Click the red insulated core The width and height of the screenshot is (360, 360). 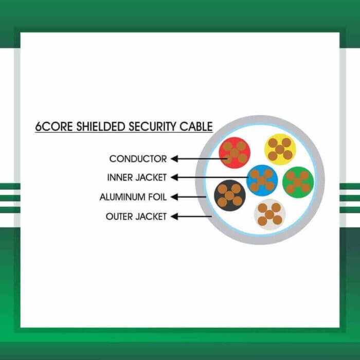(x=235, y=153)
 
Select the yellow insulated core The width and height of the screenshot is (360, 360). (x=280, y=149)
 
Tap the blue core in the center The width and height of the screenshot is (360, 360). (x=262, y=181)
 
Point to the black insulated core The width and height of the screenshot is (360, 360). (x=229, y=195)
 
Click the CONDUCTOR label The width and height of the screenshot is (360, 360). (x=138, y=159)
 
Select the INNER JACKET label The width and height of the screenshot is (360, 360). (x=137, y=178)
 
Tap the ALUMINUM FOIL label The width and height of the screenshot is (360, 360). (x=133, y=197)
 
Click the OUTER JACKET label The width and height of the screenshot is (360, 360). (x=136, y=217)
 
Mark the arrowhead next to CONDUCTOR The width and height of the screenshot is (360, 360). (x=174, y=159)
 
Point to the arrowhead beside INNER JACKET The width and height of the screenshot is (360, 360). (x=174, y=178)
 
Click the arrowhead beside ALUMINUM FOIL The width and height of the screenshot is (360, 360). (x=174, y=197)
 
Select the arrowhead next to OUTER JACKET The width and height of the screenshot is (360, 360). (x=174, y=217)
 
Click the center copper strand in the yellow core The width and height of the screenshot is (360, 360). (x=280, y=149)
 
